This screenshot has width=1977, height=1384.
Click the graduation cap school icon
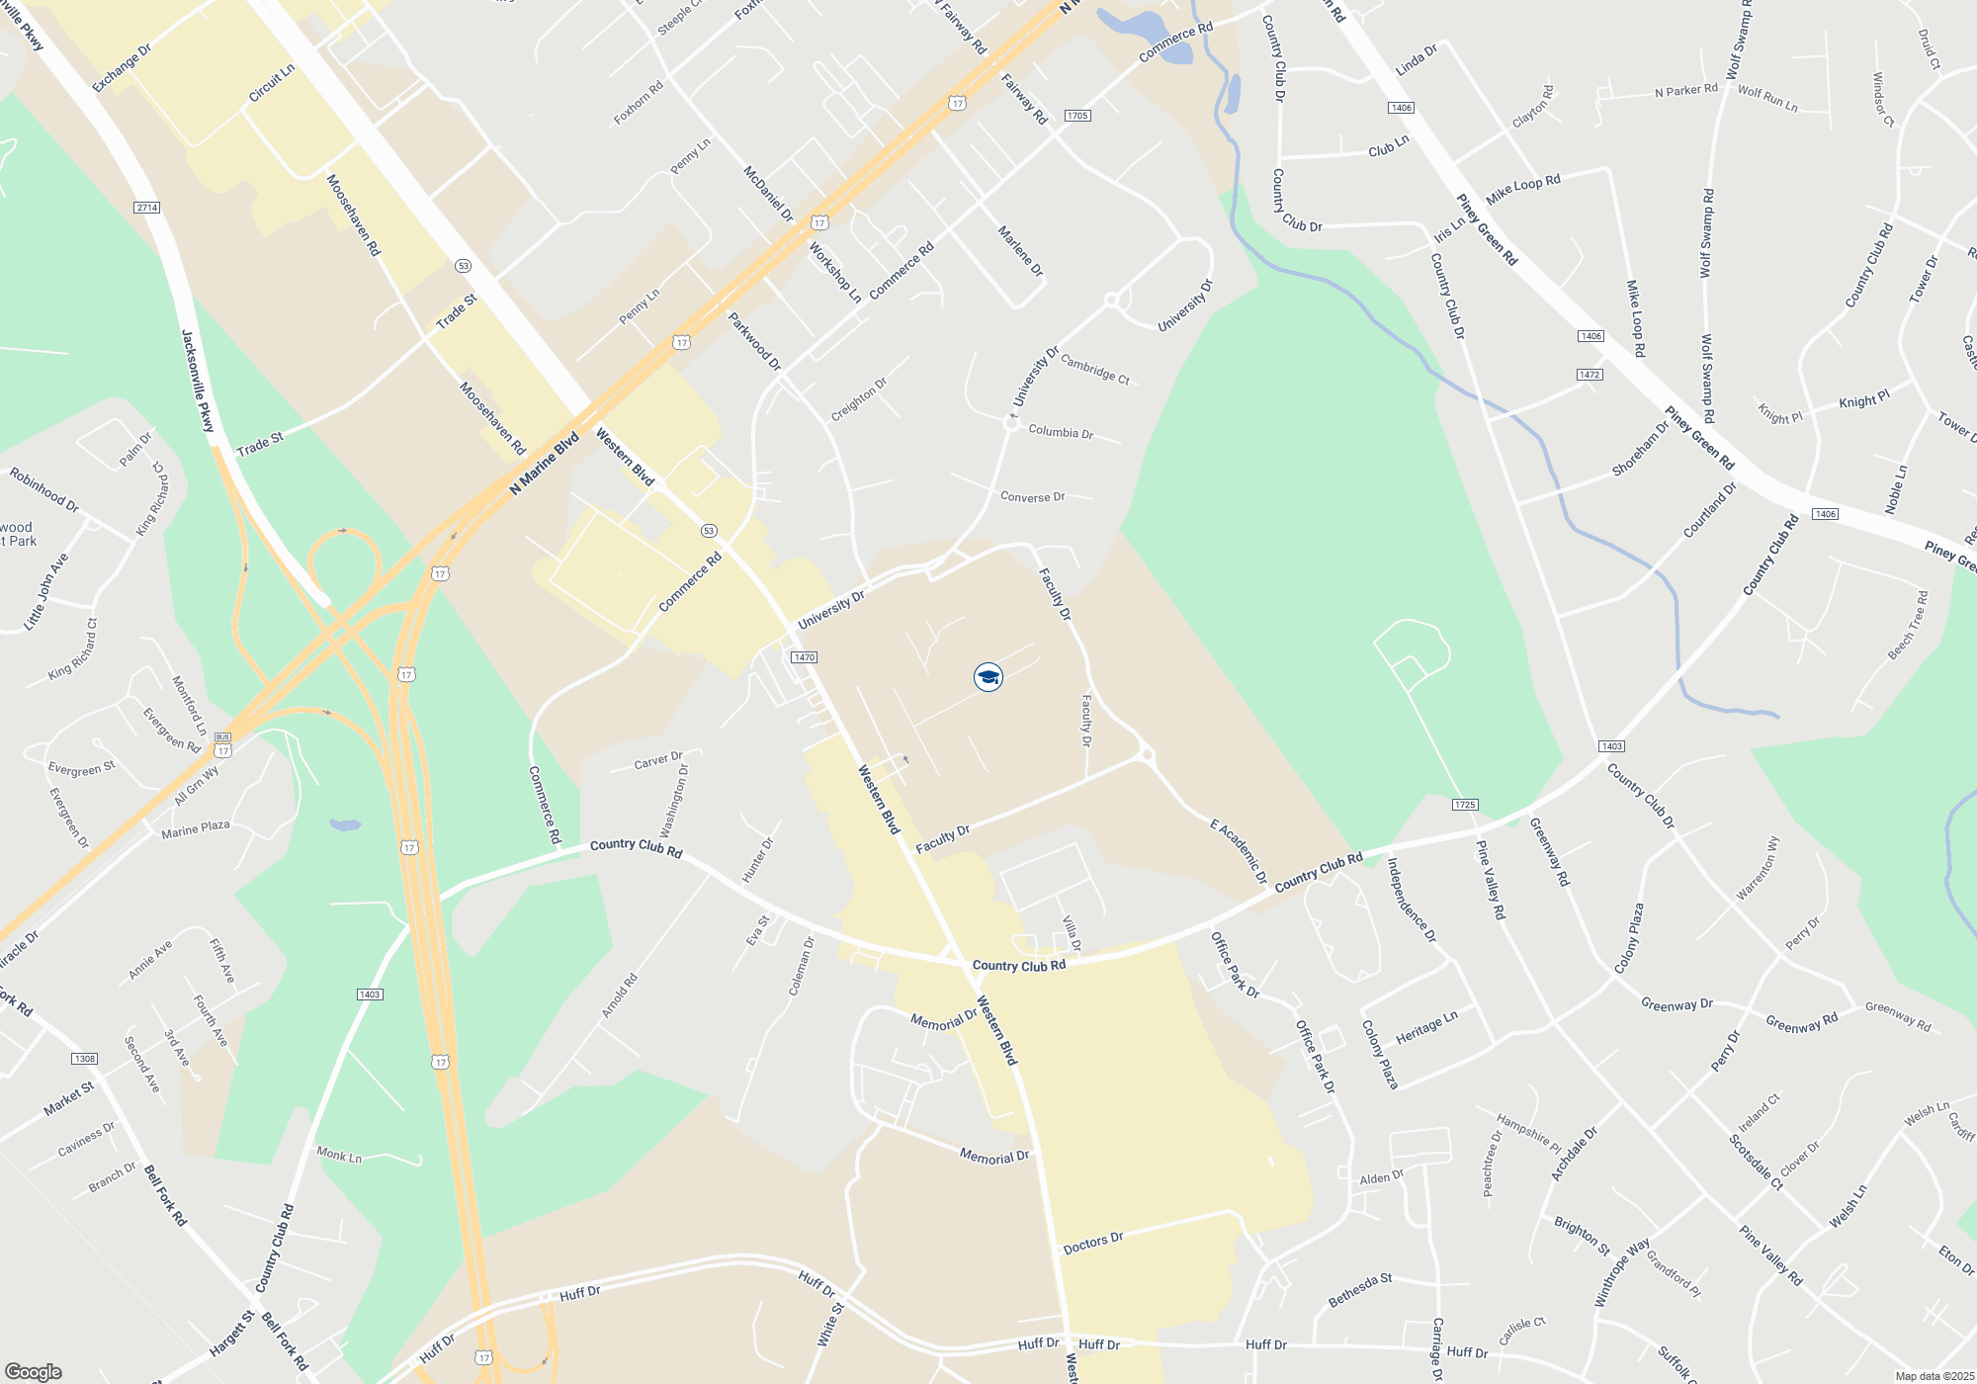pos(988,677)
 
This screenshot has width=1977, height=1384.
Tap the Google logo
pos(33,1371)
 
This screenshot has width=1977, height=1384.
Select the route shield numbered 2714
pos(147,208)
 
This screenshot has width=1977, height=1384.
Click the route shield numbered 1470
pos(804,657)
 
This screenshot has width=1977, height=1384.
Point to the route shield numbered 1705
pos(1077,116)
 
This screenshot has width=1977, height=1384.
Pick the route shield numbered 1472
pos(1590,375)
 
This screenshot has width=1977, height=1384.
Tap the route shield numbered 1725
pos(1465,805)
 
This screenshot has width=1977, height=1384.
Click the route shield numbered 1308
pos(85,1059)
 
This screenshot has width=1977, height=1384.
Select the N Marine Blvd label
pos(544,464)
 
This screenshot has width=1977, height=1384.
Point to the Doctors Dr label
pos(1093,1243)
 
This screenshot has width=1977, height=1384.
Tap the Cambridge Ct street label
pos(1094,369)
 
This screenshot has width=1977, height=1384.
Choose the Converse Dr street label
pos(1032,496)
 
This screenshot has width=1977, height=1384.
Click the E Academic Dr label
pos(1239,850)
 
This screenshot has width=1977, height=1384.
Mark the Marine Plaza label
pos(195,829)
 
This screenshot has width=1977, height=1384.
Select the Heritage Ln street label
pos(1426,1027)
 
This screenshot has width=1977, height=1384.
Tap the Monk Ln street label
pos(339,1155)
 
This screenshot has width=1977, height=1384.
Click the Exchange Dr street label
pos(122,68)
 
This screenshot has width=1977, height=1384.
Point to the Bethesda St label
pos(1360,1290)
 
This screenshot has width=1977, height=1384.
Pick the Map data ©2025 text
pos(1934,1376)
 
